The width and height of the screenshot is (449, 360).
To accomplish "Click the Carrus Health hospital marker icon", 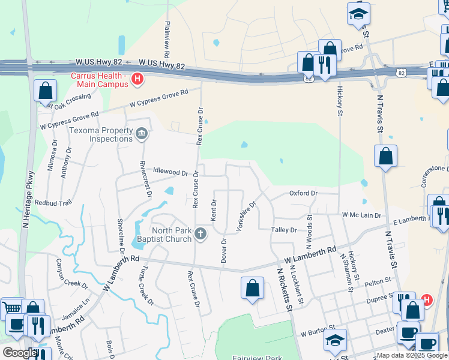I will pos(137,79).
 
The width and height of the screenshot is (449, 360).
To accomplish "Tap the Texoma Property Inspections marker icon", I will pos(142,133).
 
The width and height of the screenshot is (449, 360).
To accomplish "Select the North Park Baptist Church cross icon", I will pos(201,234).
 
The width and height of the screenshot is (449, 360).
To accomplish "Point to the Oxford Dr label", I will pos(303,193).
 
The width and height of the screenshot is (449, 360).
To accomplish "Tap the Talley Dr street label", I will pos(284,230).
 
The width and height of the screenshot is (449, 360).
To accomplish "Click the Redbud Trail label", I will pos(53,203).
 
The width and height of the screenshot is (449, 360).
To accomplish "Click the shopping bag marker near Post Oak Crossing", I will pos(45,91).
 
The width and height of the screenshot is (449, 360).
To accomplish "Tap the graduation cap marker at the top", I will pos(359,13).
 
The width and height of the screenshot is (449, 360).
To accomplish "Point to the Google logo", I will pos(20,353).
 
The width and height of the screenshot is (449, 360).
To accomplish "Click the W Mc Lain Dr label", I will pos(361,215).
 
